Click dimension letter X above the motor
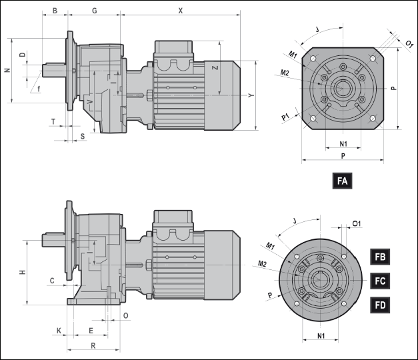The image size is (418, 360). [181, 11]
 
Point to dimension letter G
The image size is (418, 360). [95, 11]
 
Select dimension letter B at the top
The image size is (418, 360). [55, 11]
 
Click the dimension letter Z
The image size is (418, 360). [214, 68]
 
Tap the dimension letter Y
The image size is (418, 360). [251, 95]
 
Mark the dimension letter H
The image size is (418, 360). [22, 273]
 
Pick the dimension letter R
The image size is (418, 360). [93, 345]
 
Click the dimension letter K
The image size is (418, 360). [59, 331]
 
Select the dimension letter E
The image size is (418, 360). [91, 331]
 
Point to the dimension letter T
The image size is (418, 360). [53, 121]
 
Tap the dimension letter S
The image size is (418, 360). [83, 136]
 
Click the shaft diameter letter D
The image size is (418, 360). [23, 55]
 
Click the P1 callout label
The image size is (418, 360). [285, 117]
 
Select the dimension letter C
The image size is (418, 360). [51, 281]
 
